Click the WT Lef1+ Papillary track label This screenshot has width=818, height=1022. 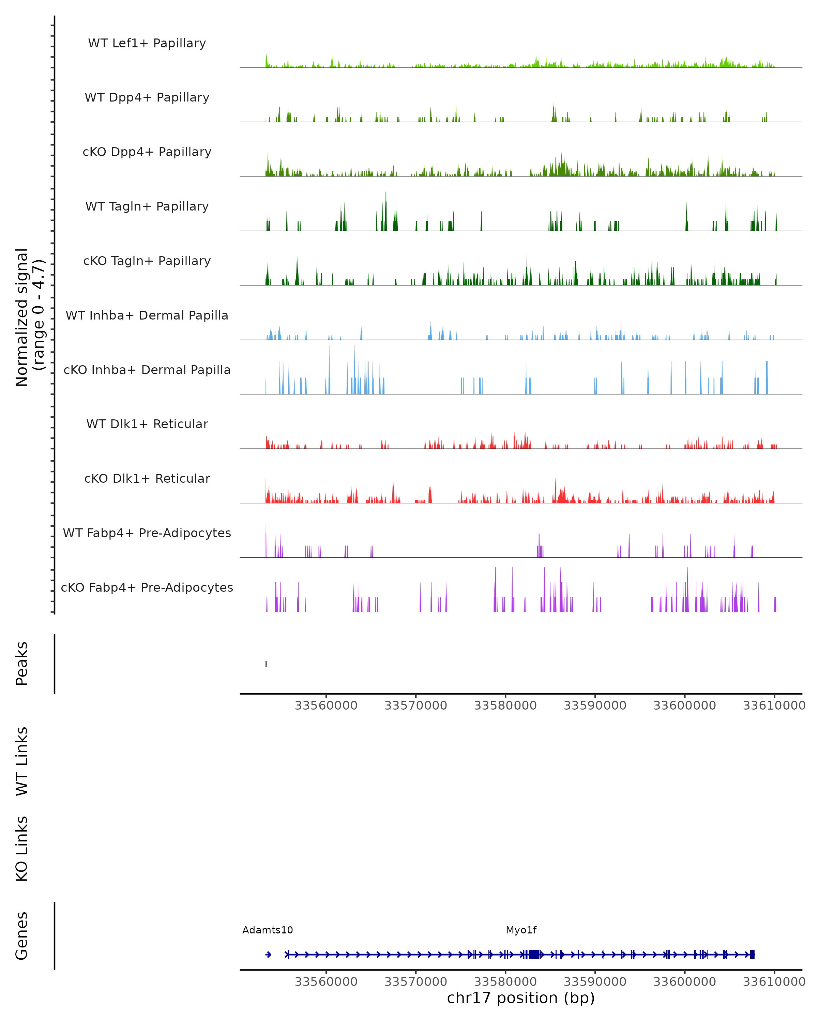[x=147, y=43]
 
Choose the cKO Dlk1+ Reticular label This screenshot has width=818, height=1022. [x=147, y=478]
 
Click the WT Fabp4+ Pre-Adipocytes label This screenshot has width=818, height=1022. [x=147, y=533]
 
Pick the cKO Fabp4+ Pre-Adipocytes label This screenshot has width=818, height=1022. [x=147, y=587]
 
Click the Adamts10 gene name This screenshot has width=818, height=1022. [x=268, y=930]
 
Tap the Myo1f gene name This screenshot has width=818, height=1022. [x=521, y=930]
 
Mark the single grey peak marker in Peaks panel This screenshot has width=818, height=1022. [x=266, y=664]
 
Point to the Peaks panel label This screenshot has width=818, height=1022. [x=22, y=664]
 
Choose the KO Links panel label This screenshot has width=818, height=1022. [x=22, y=849]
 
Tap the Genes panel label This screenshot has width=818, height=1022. [x=22, y=936]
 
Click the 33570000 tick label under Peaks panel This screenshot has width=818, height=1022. [x=415, y=706]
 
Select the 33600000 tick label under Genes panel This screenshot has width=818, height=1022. [x=684, y=982]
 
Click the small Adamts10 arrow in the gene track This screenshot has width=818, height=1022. [x=268, y=955]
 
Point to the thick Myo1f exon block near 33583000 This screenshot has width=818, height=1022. [x=534, y=955]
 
